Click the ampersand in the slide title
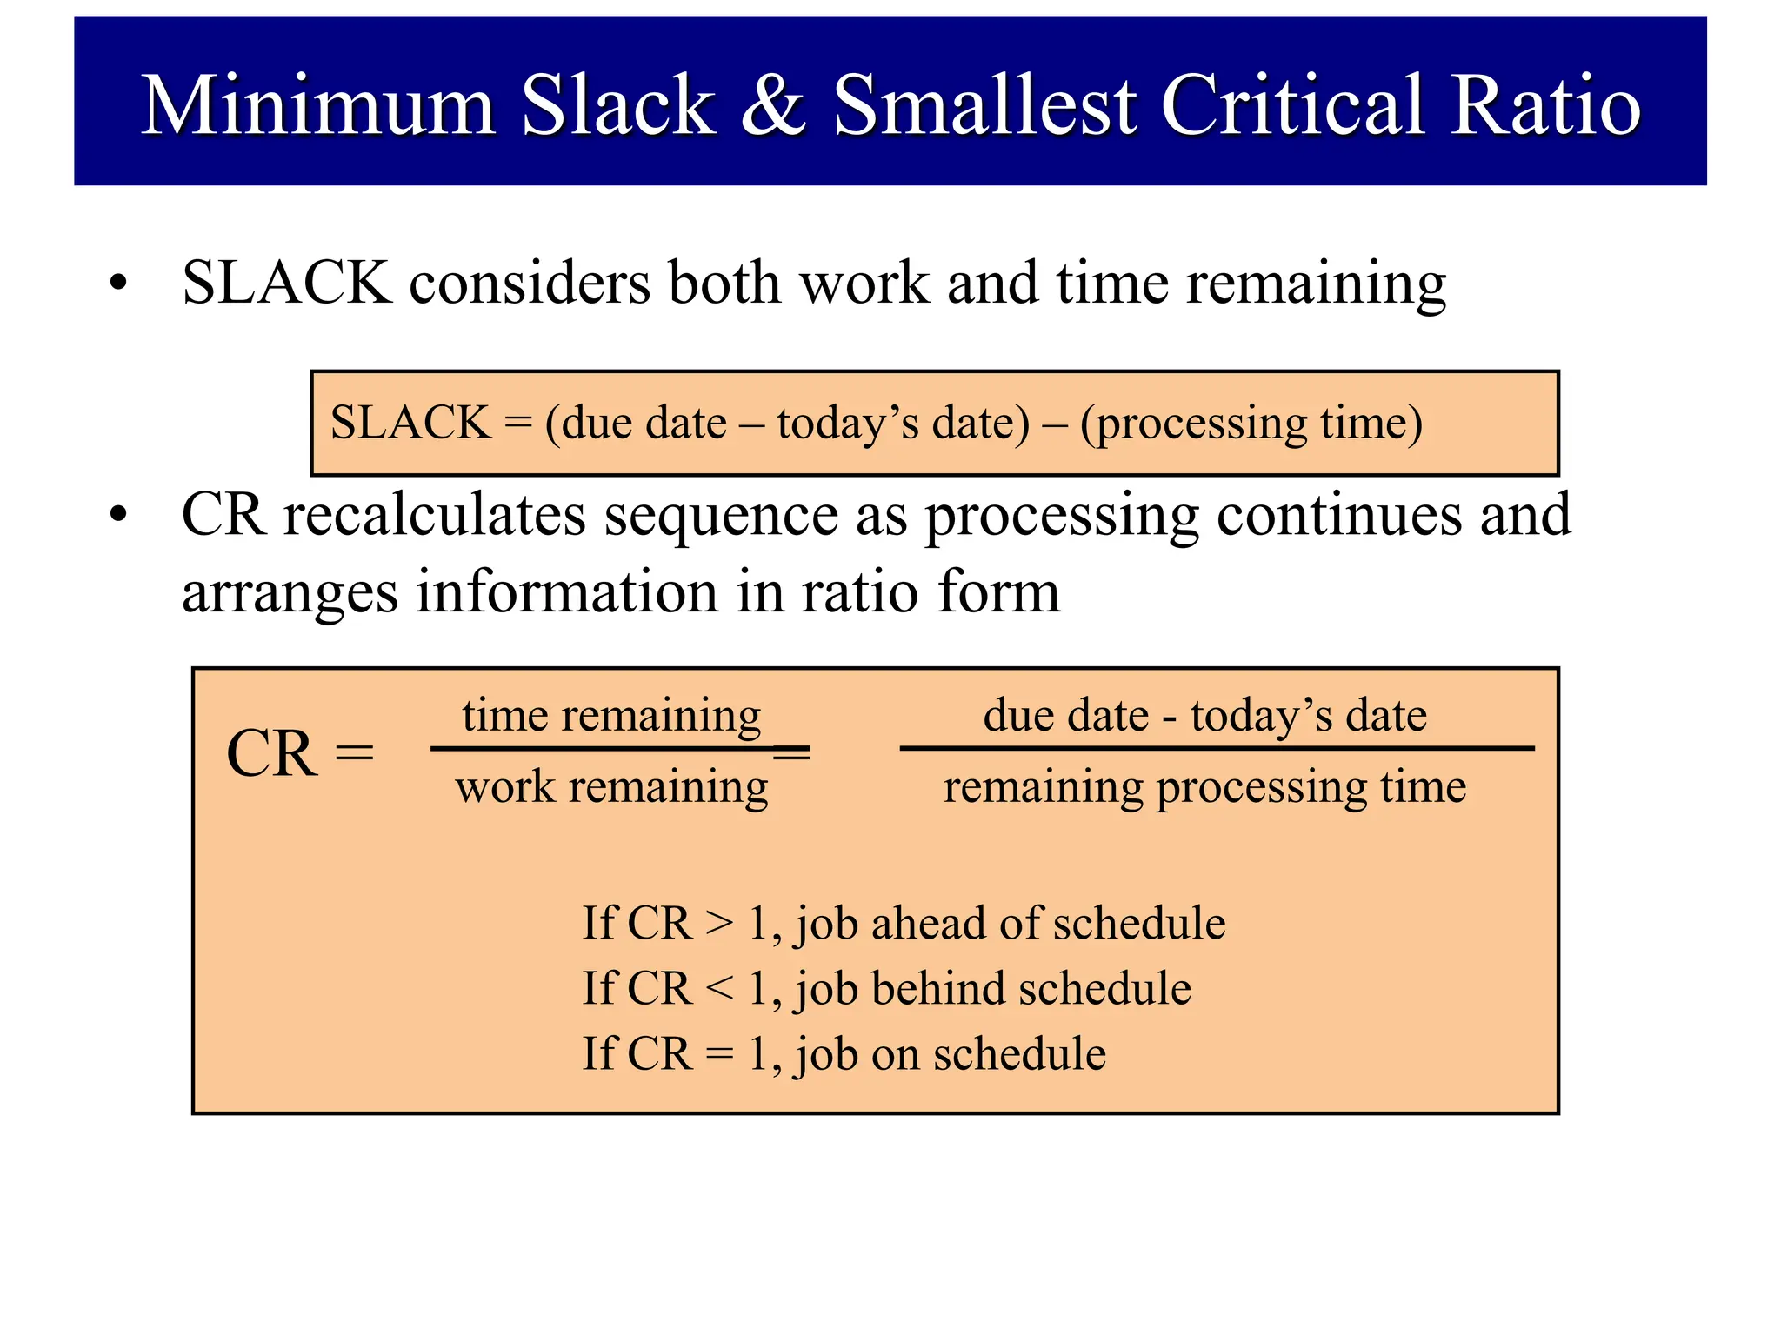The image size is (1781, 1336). point(773,106)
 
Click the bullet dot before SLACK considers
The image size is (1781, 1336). point(118,284)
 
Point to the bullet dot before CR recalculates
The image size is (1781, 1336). point(118,515)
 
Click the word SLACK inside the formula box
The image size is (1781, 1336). point(410,423)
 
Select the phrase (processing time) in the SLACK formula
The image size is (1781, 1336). point(1251,424)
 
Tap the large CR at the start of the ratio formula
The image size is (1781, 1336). point(271,753)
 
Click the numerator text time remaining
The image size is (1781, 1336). point(611,716)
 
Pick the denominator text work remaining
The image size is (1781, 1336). point(611,787)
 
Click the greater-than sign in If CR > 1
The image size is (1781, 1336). point(719,923)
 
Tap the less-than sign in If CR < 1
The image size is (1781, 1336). point(719,989)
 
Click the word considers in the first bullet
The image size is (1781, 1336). point(529,284)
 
